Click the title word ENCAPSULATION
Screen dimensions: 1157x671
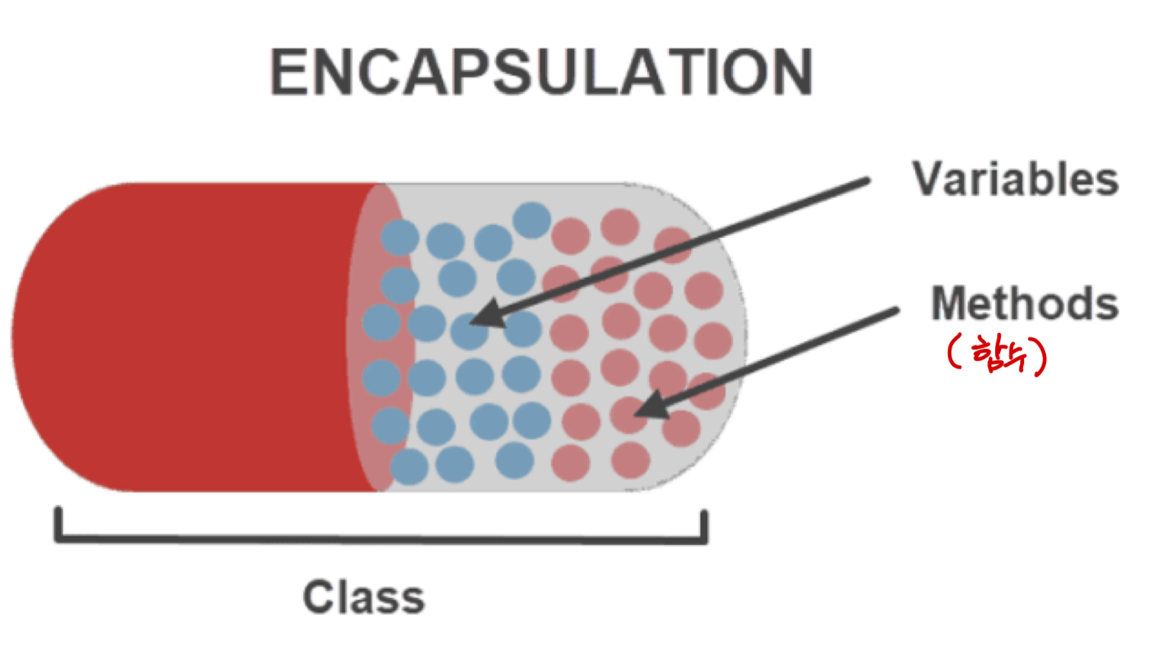[x=541, y=72]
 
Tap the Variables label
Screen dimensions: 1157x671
[x=1015, y=180]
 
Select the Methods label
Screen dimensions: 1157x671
[x=1025, y=304]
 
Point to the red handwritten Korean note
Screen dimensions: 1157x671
[x=997, y=354]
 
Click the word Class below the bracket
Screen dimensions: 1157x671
[x=364, y=597]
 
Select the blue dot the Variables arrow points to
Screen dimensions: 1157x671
[x=469, y=330]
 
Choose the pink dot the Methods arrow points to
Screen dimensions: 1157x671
[x=629, y=415]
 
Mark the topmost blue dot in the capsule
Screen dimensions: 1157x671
[x=532, y=221]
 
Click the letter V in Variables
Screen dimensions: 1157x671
[x=928, y=180]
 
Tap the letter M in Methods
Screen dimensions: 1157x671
[x=949, y=304]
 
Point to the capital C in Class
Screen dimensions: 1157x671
[x=319, y=597]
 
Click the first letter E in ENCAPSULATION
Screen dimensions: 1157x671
[x=288, y=72]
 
